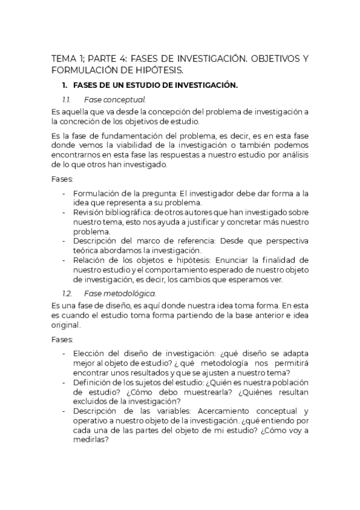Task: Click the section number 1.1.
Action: [x=67, y=99]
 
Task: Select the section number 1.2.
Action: [x=67, y=293]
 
